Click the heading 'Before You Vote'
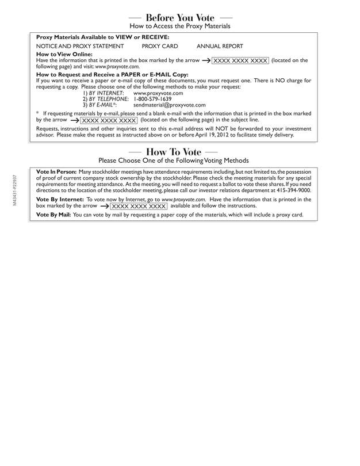point(179,17)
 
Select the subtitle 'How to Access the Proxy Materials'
point(179,26)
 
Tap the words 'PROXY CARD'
point(160,46)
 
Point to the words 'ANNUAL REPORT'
point(220,46)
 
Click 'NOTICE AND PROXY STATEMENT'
point(80,46)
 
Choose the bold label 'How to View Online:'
point(60,54)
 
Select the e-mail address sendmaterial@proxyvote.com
point(169,105)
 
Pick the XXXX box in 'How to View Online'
point(240,60)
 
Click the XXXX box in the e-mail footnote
point(109,120)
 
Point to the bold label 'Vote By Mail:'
point(53,215)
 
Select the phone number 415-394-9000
point(291,190)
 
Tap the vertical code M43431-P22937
point(14,190)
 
